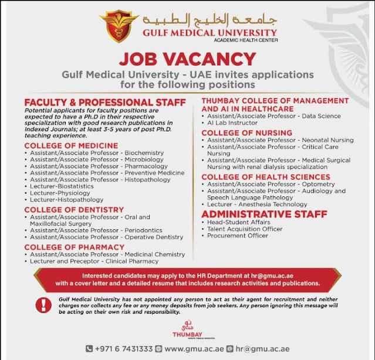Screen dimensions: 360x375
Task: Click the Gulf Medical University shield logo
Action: (119, 26)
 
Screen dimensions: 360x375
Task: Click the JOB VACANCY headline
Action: (187, 59)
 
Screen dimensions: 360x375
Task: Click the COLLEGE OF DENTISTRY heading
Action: (74, 210)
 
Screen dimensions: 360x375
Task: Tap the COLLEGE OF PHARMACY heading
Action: (74, 247)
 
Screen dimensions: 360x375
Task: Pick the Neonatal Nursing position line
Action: (280, 141)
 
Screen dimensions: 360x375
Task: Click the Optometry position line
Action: (271, 184)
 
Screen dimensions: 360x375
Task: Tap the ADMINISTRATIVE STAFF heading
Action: (264, 215)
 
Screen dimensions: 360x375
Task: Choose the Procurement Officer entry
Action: (237, 236)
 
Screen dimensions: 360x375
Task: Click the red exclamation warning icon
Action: (43, 305)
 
